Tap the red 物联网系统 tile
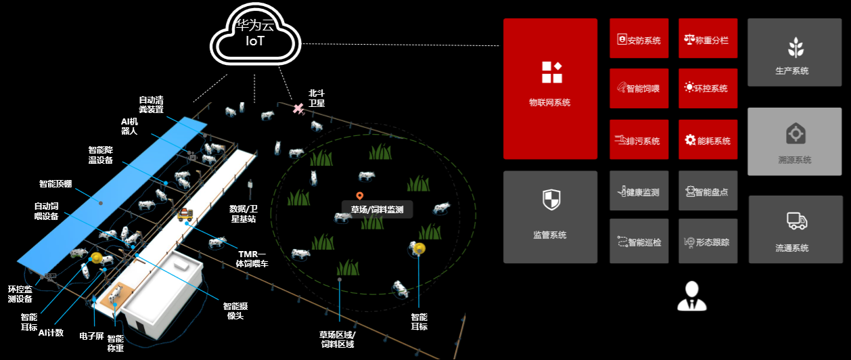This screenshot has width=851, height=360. pyautogui.click(x=550, y=87)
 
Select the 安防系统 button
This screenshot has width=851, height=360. pyautogui.click(x=639, y=40)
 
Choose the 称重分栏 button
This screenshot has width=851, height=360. pyautogui.click(x=706, y=40)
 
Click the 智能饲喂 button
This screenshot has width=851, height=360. pyautogui.click(x=639, y=88)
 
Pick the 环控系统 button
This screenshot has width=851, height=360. pyautogui.click(x=706, y=88)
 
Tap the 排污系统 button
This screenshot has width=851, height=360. pyautogui.click(x=639, y=141)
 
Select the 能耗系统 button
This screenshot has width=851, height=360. pyautogui.click(x=706, y=141)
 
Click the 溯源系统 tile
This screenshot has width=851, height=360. pyautogui.click(x=794, y=141)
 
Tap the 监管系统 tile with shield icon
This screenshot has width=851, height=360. pyautogui.click(x=550, y=217)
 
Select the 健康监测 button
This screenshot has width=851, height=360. pyautogui.click(x=639, y=192)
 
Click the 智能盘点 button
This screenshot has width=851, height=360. pyautogui.click(x=706, y=192)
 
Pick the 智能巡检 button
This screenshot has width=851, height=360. pyautogui.click(x=639, y=242)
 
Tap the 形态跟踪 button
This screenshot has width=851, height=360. pyautogui.click(x=706, y=242)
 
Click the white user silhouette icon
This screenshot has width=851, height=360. pyautogui.click(x=691, y=296)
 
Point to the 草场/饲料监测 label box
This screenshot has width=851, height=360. pyautogui.click(x=377, y=210)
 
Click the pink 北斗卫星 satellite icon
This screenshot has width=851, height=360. pyautogui.click(x=298, y=108)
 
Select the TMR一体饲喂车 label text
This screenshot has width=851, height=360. pyautogui.click(x=252, y=258)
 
